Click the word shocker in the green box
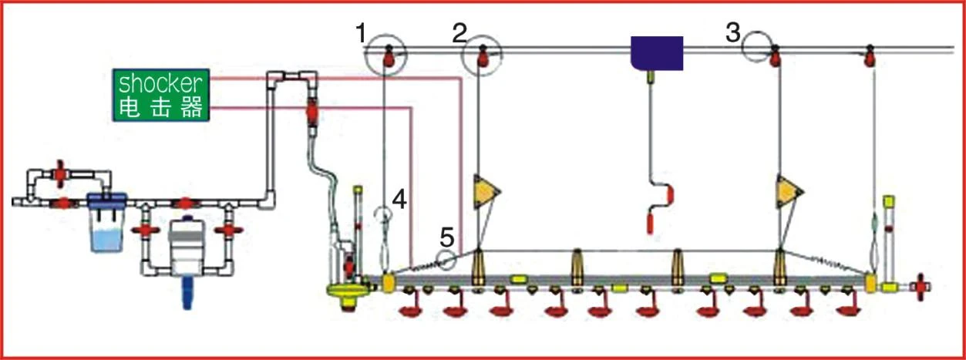[160, 84]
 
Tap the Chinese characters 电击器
[160, 107]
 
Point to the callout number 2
[459, 33]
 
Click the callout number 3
[733, 33]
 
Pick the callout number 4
[399, 200]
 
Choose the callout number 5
[447, 237]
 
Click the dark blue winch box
[657, 53]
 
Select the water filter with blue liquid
[106, 222]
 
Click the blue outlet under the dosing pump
[187, 293]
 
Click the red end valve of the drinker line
[921, 287]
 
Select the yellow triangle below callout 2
[486, 191]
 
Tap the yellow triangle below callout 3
[789, 191]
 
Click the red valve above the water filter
[59, 173]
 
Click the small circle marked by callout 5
[446, 260]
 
